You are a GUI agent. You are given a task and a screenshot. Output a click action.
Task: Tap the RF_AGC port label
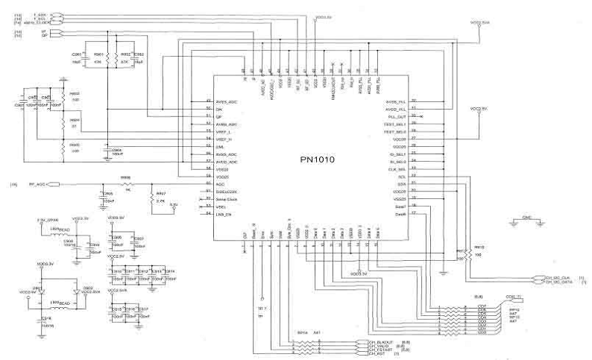click(38, 183)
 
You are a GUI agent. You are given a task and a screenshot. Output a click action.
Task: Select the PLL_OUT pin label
click(395, 117)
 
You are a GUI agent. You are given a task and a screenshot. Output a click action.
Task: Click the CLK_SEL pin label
click(396, 168)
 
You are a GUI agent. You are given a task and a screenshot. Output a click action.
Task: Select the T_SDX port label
click(40, 13)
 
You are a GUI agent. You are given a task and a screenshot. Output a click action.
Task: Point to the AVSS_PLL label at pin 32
click(395, 101)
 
